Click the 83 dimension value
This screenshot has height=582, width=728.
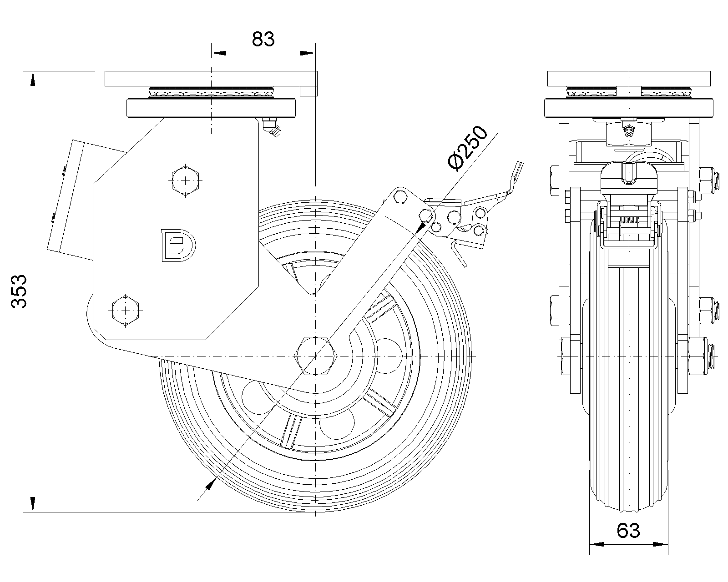263,39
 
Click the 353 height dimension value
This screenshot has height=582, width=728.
20,291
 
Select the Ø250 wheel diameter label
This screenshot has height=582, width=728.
467,149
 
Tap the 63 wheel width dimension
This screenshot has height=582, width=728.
628,530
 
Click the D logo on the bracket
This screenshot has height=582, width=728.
178,246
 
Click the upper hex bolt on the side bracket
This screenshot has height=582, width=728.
185,180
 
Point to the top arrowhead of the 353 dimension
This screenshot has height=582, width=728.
33,79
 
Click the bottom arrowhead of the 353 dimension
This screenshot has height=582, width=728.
33,504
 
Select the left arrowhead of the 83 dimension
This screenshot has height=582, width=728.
219,54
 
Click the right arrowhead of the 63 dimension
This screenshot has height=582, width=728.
661,543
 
